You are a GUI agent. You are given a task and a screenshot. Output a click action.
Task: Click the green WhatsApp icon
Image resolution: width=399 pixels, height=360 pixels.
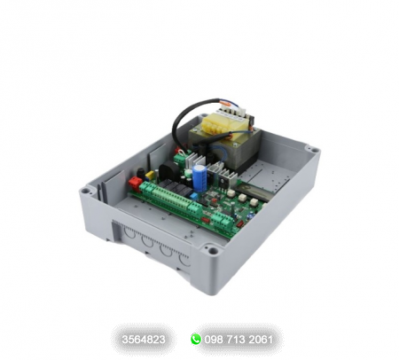click(x=196, y=339)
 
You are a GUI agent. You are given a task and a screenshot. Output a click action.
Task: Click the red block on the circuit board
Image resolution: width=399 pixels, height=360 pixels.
click(x=136, y=183)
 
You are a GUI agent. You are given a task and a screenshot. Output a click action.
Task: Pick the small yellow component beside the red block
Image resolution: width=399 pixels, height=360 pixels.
click(x=148, y=176)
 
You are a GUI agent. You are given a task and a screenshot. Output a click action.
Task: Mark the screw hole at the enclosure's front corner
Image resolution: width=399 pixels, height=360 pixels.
click(x=210, y=252)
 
